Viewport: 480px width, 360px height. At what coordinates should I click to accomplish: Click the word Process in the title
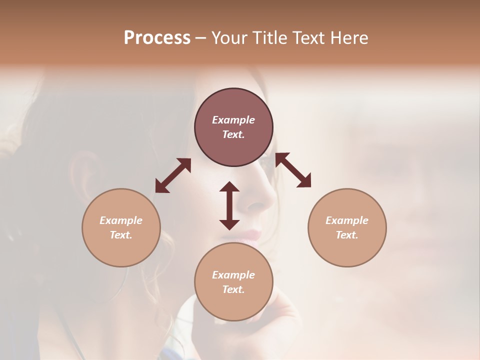coord(157,38)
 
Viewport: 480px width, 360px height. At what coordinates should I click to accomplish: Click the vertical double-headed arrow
coord(229,205)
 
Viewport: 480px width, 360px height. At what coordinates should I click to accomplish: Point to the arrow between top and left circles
coord(173,175)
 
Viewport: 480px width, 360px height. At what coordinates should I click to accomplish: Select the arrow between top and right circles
coord(293,170)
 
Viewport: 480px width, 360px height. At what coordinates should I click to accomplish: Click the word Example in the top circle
coord(233,120)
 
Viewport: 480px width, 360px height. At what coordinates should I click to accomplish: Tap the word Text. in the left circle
coord(121,235)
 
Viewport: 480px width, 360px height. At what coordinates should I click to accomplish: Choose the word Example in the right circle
coord(347,220)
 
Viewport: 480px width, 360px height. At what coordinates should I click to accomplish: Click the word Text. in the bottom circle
coord(233,289)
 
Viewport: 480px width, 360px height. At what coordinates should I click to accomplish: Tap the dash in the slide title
coord(201,38)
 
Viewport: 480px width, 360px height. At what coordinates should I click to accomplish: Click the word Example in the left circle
coord(121,220)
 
